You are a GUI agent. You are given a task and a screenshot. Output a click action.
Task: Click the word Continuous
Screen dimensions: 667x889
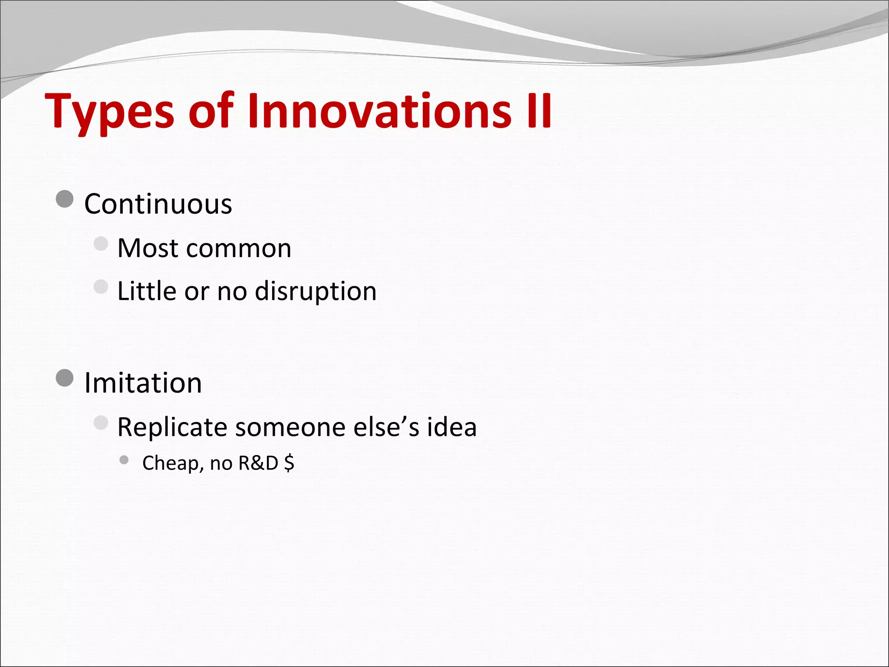click(158, 204)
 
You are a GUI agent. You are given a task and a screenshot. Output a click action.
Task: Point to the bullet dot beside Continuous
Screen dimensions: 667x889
click(65, 199)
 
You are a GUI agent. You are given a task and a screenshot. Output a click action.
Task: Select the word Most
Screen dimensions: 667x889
click(148, 248)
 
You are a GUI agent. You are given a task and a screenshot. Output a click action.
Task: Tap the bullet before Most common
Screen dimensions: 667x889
click(101, 244)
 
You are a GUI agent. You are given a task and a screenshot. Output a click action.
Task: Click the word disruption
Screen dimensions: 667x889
click(316, 291)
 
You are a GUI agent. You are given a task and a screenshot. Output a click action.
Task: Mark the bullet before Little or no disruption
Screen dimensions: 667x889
click(101, 287)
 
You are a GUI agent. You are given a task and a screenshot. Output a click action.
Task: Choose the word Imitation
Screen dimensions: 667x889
click(143, 383)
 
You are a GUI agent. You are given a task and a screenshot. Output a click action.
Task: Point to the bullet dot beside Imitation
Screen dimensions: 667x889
click(65, 378)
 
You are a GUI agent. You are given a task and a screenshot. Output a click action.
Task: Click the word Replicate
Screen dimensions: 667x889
click(172, 427)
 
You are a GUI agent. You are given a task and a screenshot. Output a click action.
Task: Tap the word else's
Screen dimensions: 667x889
click(386, 427)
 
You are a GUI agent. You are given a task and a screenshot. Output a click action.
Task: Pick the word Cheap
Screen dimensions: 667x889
click(171, 463)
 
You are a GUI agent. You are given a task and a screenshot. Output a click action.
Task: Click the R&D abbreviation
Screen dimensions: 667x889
click(258, 463)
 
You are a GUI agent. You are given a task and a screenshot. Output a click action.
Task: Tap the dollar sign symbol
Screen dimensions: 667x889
click(289, 463)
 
